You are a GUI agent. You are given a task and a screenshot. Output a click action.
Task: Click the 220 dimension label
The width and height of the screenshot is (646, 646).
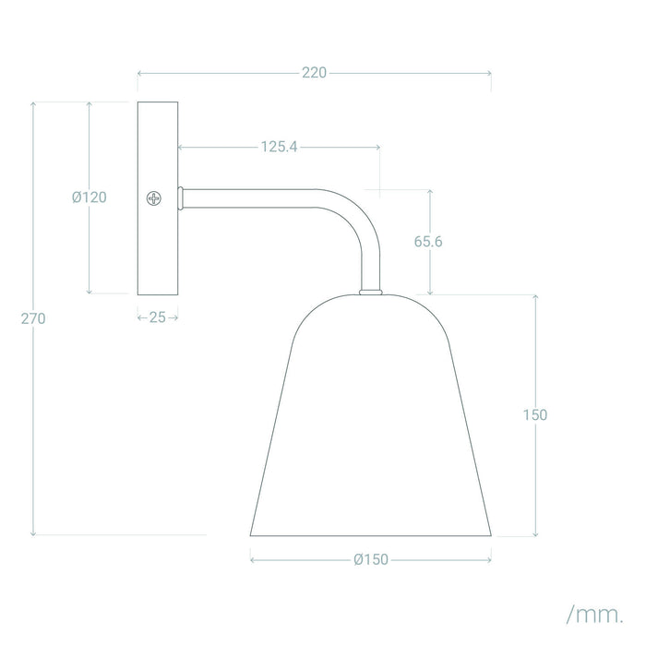(x=315, y=74)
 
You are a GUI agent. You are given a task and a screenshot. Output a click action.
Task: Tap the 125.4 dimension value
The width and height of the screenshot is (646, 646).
(x=278, y=146)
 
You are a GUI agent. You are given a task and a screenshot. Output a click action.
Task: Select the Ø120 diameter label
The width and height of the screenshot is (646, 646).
(x=90, y=197)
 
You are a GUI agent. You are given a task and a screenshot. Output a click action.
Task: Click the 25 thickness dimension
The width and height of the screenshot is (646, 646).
(x=157, y=317)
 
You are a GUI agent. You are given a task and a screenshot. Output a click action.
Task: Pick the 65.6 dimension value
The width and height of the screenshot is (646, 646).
(x=429, y=242)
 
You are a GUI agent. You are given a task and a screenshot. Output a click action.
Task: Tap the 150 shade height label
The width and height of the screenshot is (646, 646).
(x=534, y=414)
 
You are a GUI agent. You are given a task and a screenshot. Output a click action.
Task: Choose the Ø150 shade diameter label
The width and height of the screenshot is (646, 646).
(x=371, y=558)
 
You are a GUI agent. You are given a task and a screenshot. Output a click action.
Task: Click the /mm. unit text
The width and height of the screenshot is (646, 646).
(x=593, y=613)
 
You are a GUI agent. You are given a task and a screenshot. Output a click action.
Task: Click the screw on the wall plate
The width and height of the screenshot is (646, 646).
(x=153, y=197)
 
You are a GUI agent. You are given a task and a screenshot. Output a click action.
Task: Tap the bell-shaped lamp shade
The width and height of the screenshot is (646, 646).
(x=371, y=425)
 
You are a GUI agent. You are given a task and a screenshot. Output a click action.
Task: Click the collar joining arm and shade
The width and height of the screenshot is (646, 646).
(x=370, y=291)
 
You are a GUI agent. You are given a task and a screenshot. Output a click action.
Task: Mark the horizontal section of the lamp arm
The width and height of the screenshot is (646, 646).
(x=258, y=197)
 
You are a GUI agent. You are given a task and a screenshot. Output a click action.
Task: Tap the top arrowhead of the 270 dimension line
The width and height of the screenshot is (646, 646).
(x=34, y=104)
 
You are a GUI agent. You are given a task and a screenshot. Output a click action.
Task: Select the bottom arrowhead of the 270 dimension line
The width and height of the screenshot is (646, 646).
(x=34, y=533)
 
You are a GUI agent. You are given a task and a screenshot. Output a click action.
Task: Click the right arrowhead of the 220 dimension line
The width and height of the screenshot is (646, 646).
(x=489, y=74)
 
